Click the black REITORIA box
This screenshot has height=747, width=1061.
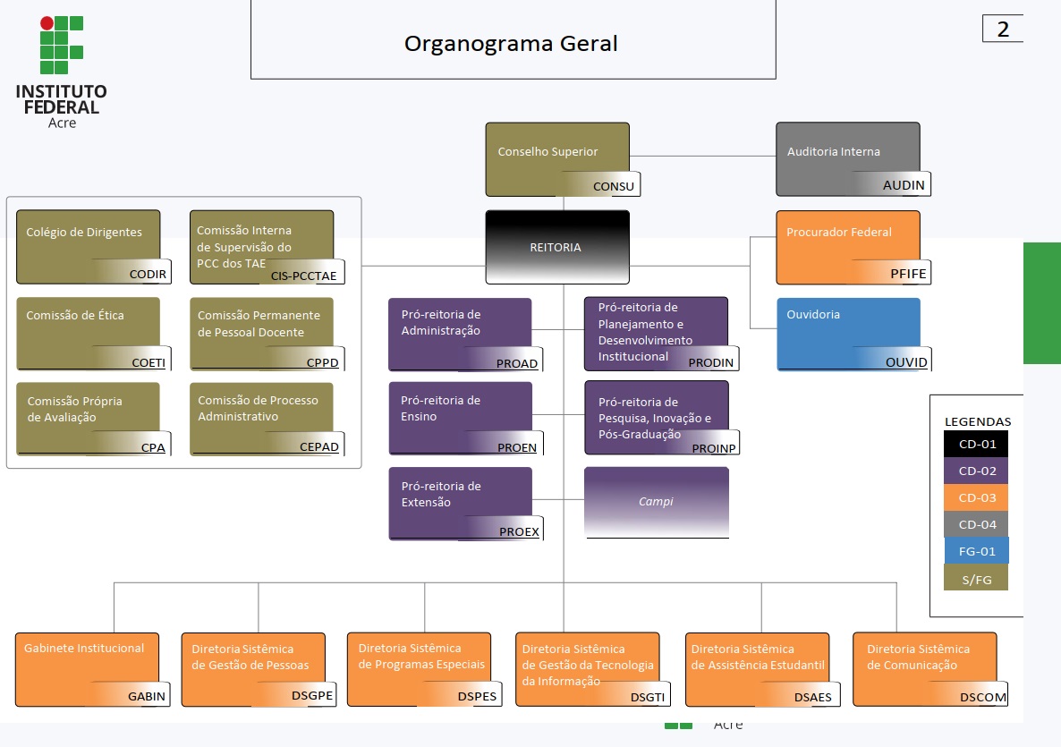click(x=556, y=247)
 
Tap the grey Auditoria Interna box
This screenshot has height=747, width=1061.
click(x=847, y=157)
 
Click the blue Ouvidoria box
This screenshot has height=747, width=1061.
click(x=847, y=331)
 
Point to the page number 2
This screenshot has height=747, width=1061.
click(x=1003, y=30)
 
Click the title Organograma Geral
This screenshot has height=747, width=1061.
click(x=511, y=44)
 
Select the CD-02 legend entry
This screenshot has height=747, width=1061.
click(x=977, y=471)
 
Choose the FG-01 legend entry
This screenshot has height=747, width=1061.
click(x=977, y=551)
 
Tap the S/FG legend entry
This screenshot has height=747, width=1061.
click(x=977, y=579)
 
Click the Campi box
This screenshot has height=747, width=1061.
click(x=656, y=502)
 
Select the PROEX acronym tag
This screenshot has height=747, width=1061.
click(x=519, y=531)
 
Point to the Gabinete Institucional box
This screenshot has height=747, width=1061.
click(x=87, y=666)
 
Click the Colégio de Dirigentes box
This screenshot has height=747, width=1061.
click(x=88, y=243)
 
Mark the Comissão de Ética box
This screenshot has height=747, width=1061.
click(x=88, y=331)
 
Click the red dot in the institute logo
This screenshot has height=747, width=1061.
click(x=47, y=23)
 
